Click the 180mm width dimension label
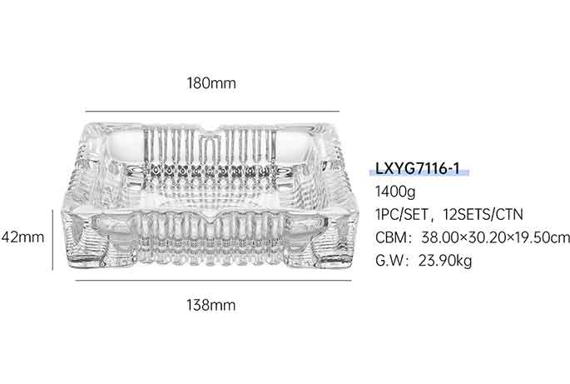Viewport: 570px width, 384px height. coord(211,83)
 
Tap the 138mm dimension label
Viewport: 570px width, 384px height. coord(211,305)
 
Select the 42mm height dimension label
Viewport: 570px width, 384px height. coord(22,237)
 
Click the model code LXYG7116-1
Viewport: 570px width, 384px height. coord(418,168)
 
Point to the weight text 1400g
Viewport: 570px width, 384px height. coord(395,192)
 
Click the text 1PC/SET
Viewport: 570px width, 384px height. coord(402,214)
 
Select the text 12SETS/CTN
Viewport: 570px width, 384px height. coord(483,214)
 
